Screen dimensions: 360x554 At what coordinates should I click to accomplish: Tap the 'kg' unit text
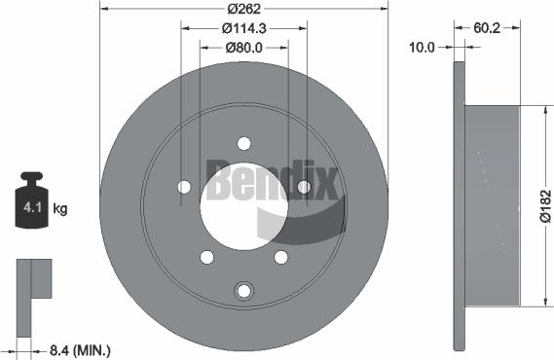(59, 208)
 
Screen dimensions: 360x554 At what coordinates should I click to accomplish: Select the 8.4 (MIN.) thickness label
(79, 348)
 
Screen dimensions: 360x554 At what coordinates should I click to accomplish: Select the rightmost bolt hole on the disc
(304, 187)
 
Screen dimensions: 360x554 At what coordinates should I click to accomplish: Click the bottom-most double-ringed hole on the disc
(244, 289)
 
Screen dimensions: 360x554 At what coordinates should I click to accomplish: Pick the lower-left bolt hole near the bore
(206, 257)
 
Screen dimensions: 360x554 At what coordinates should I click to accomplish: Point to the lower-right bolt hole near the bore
(281, 257)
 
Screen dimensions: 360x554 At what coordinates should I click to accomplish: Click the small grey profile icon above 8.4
(31, 279)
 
